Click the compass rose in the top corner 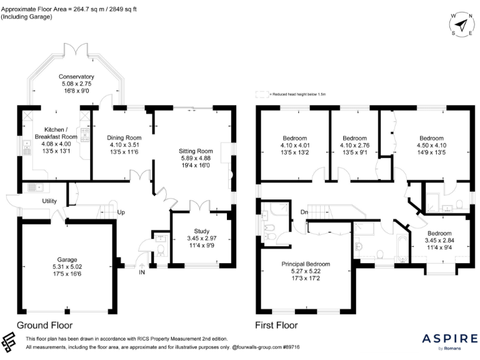click(x=461, y=25)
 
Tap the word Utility click(x=50, y=201)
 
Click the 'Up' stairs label click(x=121, y=212)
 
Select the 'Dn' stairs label click(x=304, y=212)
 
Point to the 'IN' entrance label click(x=142, y=272)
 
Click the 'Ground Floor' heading click(x=44, y=325)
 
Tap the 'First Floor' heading click(x=276, y=325)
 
